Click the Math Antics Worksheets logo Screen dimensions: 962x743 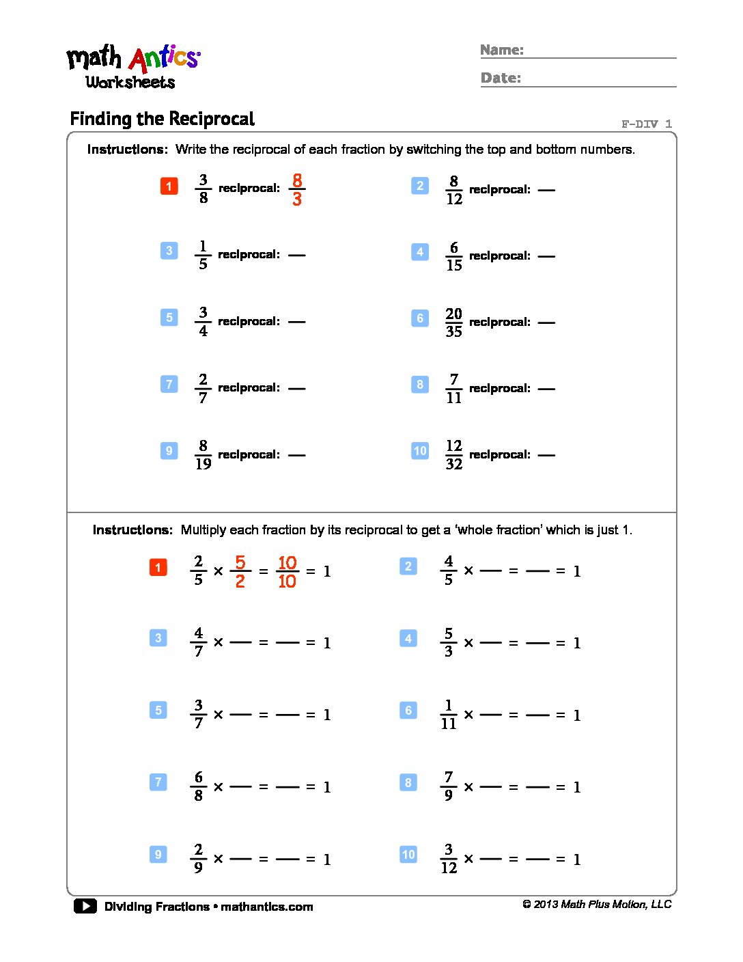coord(132,67)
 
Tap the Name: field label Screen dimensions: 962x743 coord(502,50)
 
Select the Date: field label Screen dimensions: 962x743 coord(501,78)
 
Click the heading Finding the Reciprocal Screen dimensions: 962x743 coord(162,119)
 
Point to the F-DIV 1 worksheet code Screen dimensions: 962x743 coord(646,124)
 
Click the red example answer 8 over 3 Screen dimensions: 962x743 coord(296,189)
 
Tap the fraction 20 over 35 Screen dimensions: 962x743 coord(453,322)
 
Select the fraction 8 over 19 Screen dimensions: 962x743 coord(203,455)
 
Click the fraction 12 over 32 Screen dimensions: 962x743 coord(453,455)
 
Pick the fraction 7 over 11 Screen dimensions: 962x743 coord(453,389)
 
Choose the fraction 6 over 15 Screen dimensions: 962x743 coord(453,256)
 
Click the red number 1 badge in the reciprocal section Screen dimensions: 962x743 coord(169,186)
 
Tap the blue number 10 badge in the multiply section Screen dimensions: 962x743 coord(408,854)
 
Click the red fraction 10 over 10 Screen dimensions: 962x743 coord(287,572)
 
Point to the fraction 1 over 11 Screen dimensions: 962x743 coord(448,715)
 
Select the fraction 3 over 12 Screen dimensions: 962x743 coord(448,859)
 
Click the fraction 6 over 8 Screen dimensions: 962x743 coord(198,786)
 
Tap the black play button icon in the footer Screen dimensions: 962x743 coord(85,907)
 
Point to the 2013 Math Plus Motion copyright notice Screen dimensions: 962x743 coord(597,905)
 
